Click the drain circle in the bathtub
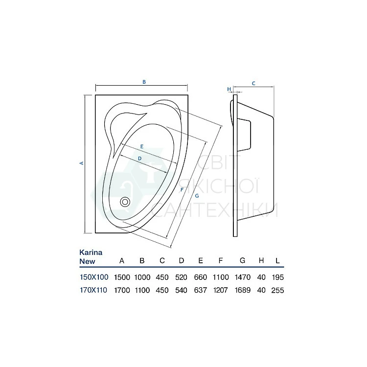pos(125,202)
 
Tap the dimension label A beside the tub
pos(82,163)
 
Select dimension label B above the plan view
pos(144,82)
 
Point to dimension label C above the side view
pos(253,83)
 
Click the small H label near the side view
pos(229,89)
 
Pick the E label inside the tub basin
pos(142,146)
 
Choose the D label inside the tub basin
pos(140,159)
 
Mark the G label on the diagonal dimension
pos(197,196)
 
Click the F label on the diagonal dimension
pos(182,190)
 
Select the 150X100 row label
pos(94,277)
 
